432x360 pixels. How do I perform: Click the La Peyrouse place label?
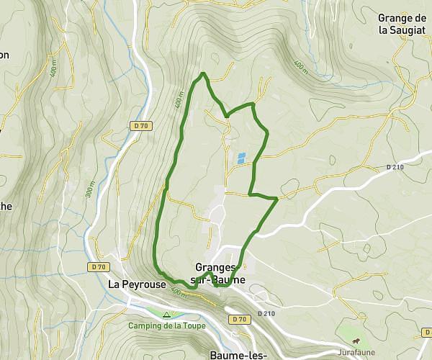click(135, 284)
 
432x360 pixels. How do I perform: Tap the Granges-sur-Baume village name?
click(220, 273)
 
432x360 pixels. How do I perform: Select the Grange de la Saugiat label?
click(402, 24)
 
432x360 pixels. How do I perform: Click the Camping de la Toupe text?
click(167, 325)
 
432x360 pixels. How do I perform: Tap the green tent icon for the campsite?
click(167, 315)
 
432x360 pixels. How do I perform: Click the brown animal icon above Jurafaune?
click(356, 341)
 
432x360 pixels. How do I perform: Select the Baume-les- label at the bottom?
click(238, 355)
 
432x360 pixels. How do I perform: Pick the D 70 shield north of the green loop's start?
click(140, 125)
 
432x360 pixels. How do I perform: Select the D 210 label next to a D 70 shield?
click(265, 314)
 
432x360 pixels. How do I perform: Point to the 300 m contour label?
click(91, 192)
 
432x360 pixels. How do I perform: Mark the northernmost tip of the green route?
click(204, 73)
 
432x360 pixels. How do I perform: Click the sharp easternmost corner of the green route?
click(278, 198)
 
